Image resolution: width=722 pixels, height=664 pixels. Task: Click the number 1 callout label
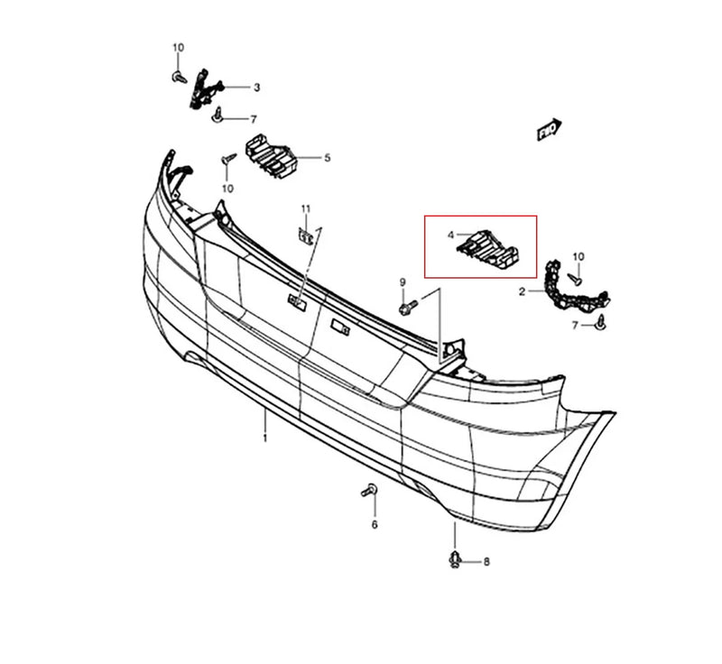coord(265,438)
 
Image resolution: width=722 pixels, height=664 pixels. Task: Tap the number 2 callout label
coord(522,291)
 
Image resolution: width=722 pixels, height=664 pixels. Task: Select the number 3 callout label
coord(257,88)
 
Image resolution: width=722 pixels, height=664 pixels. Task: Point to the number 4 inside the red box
coord(450,235)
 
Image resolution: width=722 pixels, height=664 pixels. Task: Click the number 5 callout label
coord(328,158)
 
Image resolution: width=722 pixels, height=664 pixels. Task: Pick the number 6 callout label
coord(375,524)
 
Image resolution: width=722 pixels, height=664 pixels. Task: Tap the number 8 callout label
coord(486,562)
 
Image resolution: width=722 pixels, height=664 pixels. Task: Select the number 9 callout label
coord(403,281)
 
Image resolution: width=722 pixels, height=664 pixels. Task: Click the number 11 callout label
coord(306,209)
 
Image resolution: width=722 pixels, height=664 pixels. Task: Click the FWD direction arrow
coord(550,129)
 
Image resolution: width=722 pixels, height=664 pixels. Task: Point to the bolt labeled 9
coord(409,307)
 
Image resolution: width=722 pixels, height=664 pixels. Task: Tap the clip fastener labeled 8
coord(455,559)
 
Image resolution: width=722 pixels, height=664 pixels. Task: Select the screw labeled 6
coord(369,491)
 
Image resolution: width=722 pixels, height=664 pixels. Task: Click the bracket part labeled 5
coord(269,156)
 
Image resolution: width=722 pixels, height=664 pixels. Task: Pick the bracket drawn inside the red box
coord(487,251)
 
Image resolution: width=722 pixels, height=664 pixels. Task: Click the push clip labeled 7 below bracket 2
coord(600,323)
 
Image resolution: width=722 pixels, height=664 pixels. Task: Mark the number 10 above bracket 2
coord(579,257)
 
